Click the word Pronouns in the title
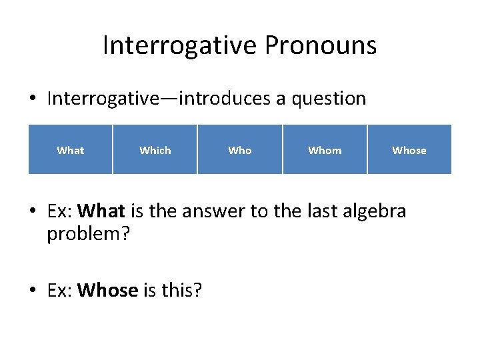pos(321,46)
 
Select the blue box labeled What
pos(70,150)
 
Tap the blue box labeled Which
pos(155,150)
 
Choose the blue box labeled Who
pos(240,150)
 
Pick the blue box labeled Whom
pos(325,150)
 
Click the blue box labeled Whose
pos(409,150)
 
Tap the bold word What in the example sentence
pos(101,212)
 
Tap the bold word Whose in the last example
pos(107,291)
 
